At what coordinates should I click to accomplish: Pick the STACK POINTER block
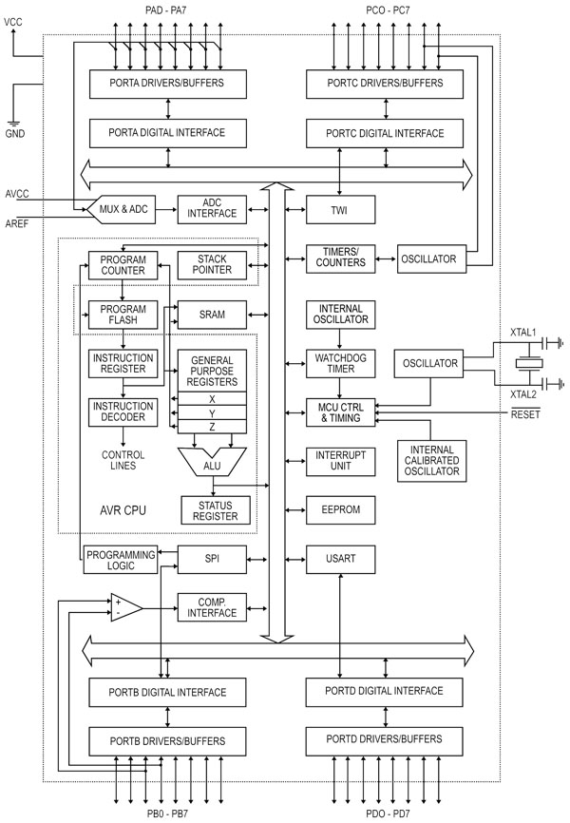tap(215, 263)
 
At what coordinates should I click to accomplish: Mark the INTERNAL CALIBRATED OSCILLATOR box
tap(432, 461)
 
